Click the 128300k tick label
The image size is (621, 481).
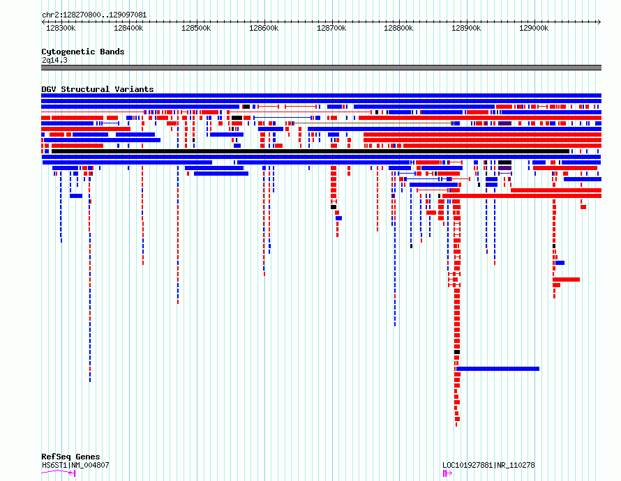(61, 28)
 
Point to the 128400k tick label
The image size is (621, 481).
(128, 28)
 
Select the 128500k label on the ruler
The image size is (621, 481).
(196, 28)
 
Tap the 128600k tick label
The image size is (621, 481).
(264, 28)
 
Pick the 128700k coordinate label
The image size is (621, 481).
(331, 28)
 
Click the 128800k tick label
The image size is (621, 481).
(398, 28)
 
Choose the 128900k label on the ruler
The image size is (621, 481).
(466, 28)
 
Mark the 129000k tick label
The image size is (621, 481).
(534, 28)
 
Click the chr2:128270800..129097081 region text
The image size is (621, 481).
(94, 15)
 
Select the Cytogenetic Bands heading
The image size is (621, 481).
(83, 52)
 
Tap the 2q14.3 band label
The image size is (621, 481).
(54, 60)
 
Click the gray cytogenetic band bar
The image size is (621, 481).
(321, 68)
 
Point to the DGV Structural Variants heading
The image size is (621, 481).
(98, 89)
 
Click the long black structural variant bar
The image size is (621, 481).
(310, 151)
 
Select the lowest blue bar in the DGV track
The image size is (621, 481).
(497, 369)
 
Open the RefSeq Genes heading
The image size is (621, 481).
(70, 457)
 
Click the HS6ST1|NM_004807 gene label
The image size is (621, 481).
(75, 465)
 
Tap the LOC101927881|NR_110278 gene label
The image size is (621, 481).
(488, 465)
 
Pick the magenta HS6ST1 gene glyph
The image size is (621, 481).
(59, 472)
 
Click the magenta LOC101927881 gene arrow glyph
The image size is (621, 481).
(447, 473)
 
